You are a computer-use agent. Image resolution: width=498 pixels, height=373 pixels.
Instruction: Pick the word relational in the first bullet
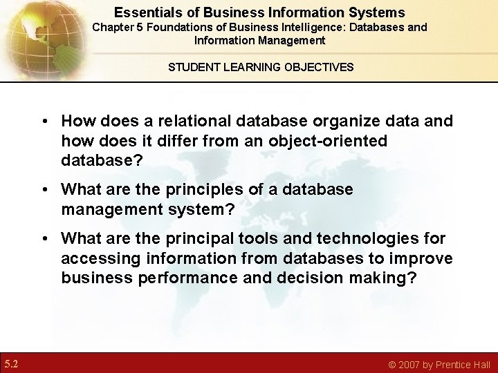coord(190,121)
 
